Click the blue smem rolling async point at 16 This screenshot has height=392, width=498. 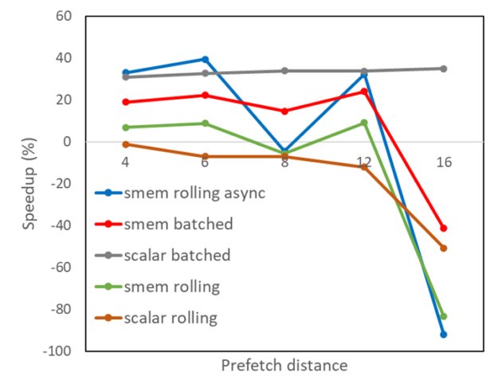(444, 335)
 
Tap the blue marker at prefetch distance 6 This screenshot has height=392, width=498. (205, 59)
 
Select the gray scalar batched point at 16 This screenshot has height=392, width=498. (444, 69)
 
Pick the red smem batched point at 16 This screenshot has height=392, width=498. (444, 228)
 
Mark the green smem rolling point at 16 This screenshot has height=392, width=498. (444, 316)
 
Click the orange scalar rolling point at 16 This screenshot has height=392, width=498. (444, 248)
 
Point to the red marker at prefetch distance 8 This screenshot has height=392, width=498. (284, 111)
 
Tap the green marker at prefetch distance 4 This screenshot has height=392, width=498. (125, 127)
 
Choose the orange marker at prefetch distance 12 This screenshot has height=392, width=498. (364, 167)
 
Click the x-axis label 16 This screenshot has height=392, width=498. (444, 163)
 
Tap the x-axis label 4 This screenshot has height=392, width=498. (125, 163)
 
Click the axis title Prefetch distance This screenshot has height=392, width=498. (284, 366)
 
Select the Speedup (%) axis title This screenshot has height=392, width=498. (29, 182)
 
